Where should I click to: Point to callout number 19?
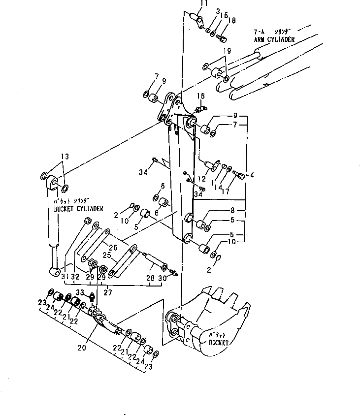[226, 50]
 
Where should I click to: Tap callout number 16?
[201, 96]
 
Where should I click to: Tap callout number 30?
[161, 279]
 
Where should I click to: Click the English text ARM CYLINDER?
[274, 39]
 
